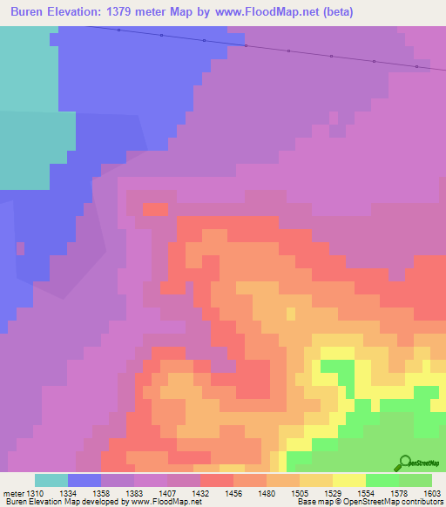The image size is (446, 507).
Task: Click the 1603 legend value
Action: coord(431,492)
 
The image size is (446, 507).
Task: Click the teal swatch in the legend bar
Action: coord(51,480)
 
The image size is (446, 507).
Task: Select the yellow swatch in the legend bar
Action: coord(348,480)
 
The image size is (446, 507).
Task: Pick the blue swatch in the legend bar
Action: coord(84,480)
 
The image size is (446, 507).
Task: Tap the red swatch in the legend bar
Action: coord(217,480)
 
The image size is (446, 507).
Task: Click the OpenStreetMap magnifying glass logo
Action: coord(403,463)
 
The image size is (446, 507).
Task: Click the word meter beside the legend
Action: coord(13,492)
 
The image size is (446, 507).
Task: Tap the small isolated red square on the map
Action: coord(155,209)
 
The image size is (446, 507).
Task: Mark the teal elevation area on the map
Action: coord(26,105)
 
